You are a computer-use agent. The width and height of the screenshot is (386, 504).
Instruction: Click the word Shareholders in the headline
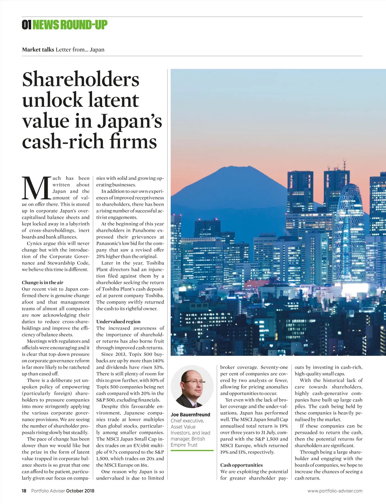coord(81,79)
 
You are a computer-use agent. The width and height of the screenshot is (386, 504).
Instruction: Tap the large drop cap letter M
coord(36,188)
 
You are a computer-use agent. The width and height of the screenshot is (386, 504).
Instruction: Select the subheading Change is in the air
coord(42,282)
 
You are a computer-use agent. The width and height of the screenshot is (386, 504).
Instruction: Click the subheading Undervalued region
coord(118,321)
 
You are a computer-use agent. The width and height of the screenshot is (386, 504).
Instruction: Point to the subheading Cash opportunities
coord(241,465)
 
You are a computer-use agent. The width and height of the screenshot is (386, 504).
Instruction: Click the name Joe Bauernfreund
coord(190,415)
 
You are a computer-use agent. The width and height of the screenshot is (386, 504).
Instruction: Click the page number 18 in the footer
coord(24,491)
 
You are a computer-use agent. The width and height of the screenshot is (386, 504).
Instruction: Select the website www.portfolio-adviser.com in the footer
coord(335,491)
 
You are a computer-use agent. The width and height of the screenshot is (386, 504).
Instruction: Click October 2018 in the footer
coord(80,491)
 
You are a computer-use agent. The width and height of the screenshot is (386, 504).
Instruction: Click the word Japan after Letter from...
coord(97,50)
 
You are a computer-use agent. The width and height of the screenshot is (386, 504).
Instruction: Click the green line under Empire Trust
coord(192,450)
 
